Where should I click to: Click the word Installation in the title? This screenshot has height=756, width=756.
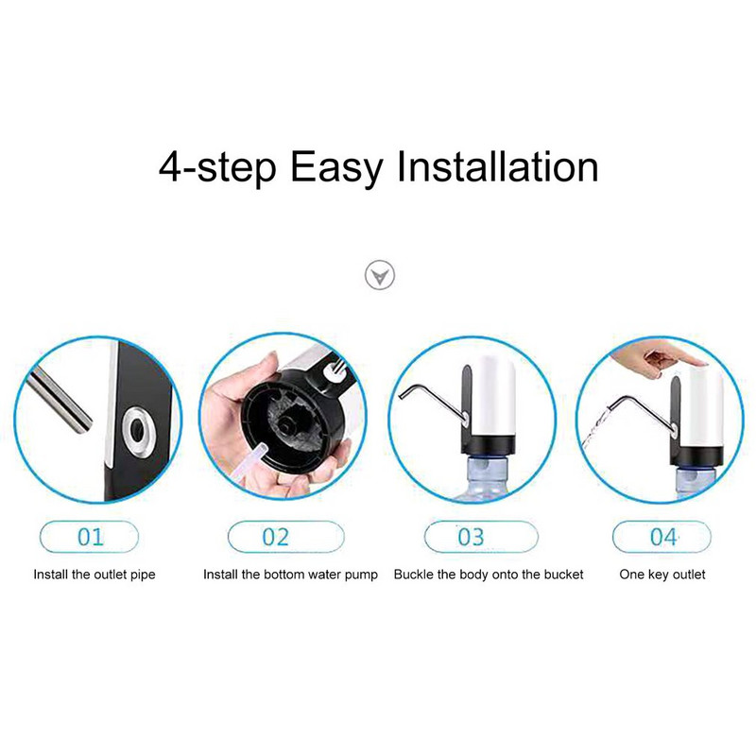point(498,167)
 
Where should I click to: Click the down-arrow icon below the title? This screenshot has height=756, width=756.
point(380,276)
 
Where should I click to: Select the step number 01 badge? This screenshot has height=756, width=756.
point(90,537)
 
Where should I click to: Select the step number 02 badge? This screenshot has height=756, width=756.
point(286,537)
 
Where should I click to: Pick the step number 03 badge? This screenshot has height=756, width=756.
point(481,537)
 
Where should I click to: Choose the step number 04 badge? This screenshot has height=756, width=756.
point(661,537)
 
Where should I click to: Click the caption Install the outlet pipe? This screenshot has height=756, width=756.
point(94,575)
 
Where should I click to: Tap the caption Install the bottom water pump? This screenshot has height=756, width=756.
point(290,575)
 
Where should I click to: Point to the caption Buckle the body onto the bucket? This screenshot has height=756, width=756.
point(489,575)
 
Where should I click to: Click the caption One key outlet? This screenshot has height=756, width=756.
point(662,575)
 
